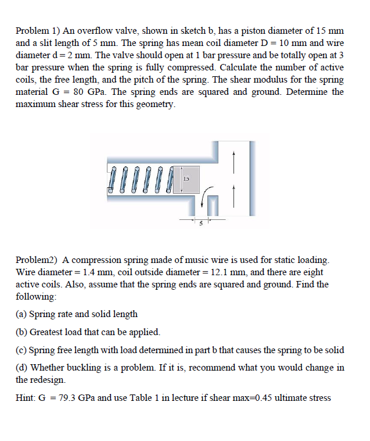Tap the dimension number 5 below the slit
tap(200, 224)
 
